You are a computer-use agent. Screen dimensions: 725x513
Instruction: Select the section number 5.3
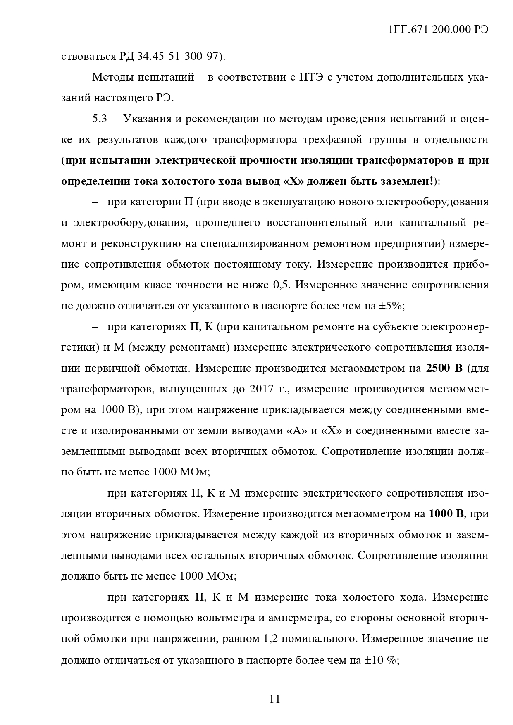click(x=100, y=119)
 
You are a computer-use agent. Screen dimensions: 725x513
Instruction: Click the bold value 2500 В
click(x=444, y=368)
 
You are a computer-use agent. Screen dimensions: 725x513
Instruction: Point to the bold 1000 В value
click(x=446, y=514)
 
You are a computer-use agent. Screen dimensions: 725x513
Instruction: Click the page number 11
click(x=275, y=699)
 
